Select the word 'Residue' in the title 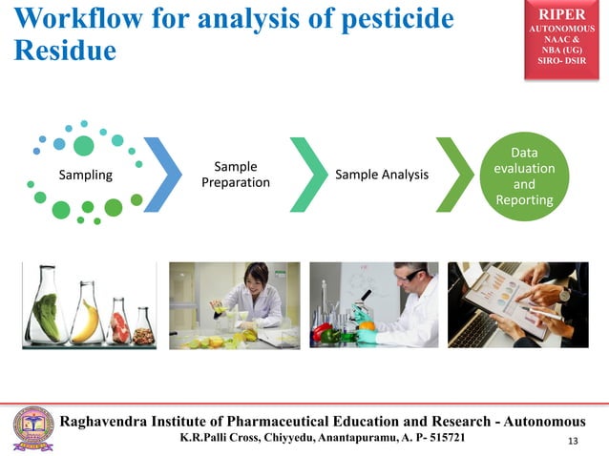[x=64, y=51]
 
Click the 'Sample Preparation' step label [x=235, y=175]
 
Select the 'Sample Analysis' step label [x=382, y=175]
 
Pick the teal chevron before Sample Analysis [x=308, y=175]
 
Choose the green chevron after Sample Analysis [x=454, y=175]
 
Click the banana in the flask [x=86, y=322]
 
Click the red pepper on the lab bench [x=322, y=332]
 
